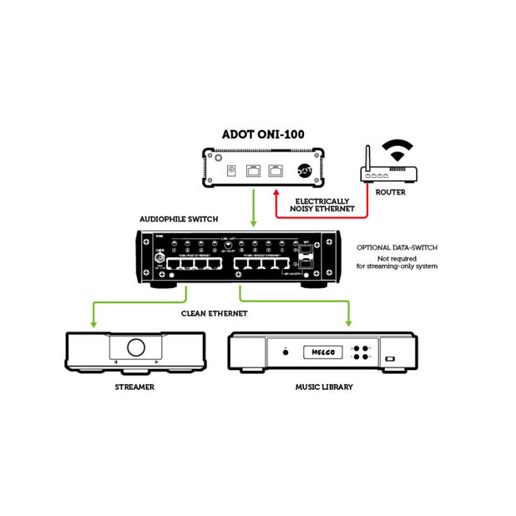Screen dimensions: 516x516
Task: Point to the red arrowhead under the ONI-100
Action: coord(275,188)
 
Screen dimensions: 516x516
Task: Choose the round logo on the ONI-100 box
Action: coord(304,169)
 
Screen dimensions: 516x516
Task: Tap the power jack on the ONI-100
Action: coord(232,170)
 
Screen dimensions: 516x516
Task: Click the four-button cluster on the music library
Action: coord(360,352)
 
